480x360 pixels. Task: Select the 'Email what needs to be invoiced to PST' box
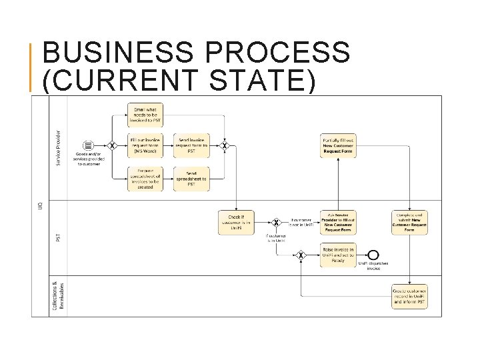click(x=145, y=115)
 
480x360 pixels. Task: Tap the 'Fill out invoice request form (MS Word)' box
click(x=145, y=145)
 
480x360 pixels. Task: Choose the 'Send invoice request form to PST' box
click(x=191, y=145)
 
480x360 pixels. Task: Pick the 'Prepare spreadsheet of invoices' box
click(x=145, y=179)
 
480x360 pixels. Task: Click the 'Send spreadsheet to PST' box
click(x=191, y=179)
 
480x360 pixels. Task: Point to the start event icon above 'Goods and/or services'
click(x=88, y=145)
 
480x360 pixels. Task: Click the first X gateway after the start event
click(x=113, y=145)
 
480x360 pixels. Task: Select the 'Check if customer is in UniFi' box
click(x=236, y=223)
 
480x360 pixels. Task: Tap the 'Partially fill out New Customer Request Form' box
click(x=338, y=145)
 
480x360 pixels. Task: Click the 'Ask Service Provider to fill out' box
click(x=338, y=223)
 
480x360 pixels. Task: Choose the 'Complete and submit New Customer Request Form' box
click(x=409, y=223)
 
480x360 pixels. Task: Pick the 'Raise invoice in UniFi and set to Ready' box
click(x=338, y=254)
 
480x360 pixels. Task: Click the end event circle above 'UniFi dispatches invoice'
click(x=373, y=254)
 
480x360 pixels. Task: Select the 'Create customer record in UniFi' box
click(x=409, y=295)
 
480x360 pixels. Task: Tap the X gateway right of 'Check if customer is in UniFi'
click(x=276, y=223)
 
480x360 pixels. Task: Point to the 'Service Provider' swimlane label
click(x=58, y=148)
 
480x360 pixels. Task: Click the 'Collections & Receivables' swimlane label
click(x=58, y=295)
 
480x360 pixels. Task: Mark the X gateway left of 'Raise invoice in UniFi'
click(x=301, y=254)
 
